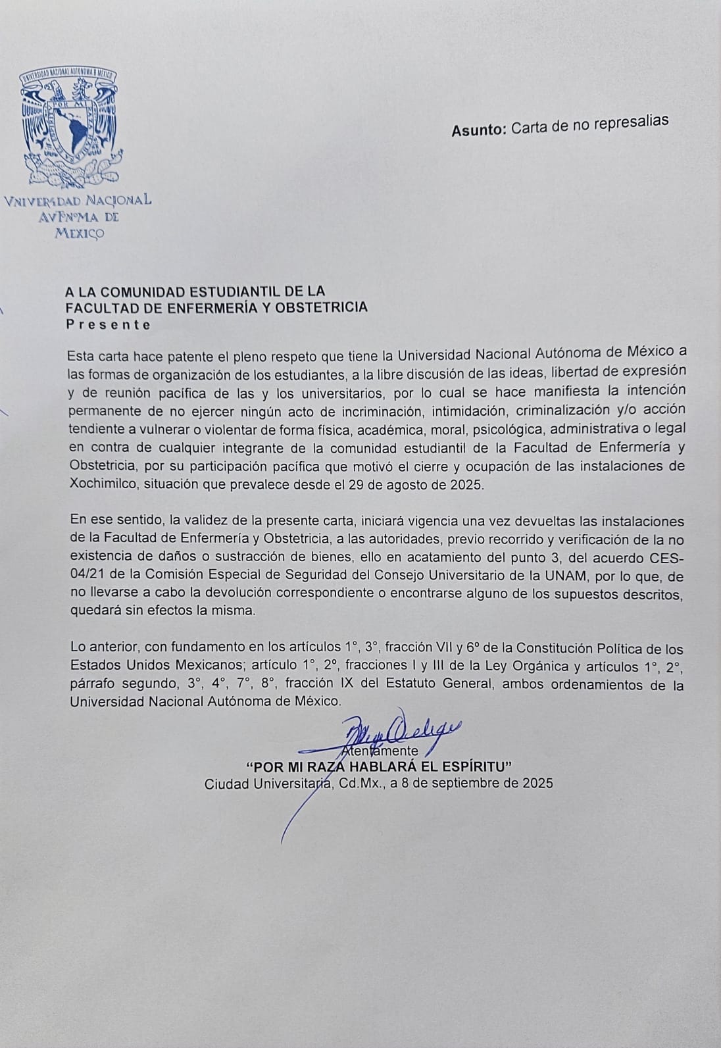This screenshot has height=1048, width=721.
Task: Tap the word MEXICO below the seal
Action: pos(78,233)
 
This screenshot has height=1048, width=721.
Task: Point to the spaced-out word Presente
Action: pos(109,324)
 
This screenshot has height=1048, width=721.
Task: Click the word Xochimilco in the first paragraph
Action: pos(97,484)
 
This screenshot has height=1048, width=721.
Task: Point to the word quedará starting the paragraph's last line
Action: pos(91,610)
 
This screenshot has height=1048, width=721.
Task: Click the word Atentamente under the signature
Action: pos(382,751)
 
